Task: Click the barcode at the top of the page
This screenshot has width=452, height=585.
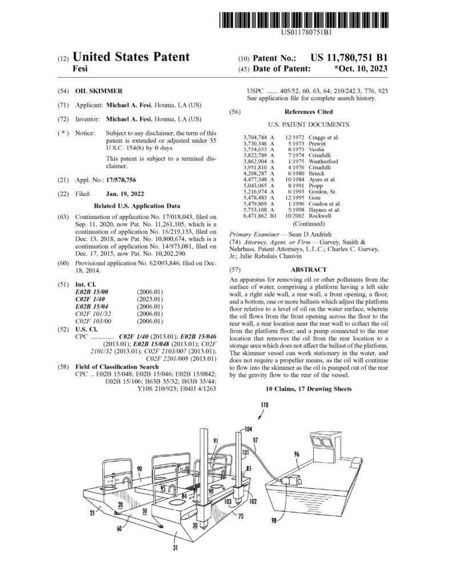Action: tap(304, 20)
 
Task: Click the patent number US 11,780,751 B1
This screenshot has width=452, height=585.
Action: tap(349, 58)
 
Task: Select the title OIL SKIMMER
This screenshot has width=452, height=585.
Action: tap(98, 91)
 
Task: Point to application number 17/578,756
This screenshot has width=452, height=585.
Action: tap(121, 180)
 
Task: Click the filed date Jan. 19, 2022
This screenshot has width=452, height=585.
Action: tap(125, 194)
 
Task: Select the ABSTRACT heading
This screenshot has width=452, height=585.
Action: tap(309, 270)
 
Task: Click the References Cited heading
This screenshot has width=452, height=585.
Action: tap(309, 112)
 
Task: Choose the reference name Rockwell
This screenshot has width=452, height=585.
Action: tap(319, 216)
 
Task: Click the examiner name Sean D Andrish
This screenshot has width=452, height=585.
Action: tap(310, 235)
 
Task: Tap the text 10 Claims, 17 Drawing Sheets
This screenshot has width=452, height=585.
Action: tap(309, 389)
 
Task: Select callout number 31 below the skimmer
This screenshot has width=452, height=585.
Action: tap(175, 548)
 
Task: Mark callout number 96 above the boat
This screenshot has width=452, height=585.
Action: tap(297, 454)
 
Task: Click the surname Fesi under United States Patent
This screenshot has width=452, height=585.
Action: tap(80, 69)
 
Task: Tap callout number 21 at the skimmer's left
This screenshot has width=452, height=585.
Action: tap(92, 513)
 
